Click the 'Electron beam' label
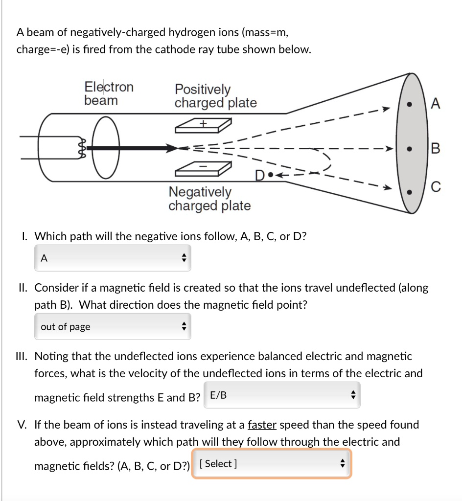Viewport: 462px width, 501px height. pyautogui.click(x=109, y=93)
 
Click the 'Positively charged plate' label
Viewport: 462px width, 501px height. pyautogui.click(x=215, y=96)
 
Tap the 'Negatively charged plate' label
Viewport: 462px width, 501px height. pyautogui.click(x=209, y=199)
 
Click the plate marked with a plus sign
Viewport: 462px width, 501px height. pyautogui.click(x=203, y=126)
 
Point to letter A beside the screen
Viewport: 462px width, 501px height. pyautogui.click(x=437, y=104)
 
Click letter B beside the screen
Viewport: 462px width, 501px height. pyautogui.click(x=437, y=147)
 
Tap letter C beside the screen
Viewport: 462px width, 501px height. pyautogui.click(x=437, y=186)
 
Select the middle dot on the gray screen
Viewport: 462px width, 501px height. pyautogui.click(x=415, y=147)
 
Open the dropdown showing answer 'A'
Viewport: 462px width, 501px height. pyautogui.click(x=113, y=258)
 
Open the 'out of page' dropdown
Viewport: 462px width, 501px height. pyautogui.click(x=113, y=327)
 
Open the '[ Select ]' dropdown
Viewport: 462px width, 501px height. pyautogui.click(x=271, y=464)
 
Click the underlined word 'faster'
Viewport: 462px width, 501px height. pyautogui.click(x=262, y=425)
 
